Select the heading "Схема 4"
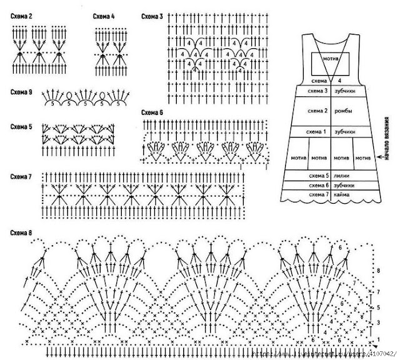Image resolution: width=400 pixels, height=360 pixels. pyautogui.click(x=103, y=15)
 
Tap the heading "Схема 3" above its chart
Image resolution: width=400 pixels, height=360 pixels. pyautogui.click(x=152, y=15)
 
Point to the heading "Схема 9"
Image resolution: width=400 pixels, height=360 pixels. pyautogui.click(x=21, y=92)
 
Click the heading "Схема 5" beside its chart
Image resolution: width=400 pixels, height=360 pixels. pyautogui.click(x=21, y=127)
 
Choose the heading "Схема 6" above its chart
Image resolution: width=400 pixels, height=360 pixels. pyautogui.click(x=152, y=112)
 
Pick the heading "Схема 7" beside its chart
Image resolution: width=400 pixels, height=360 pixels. pyautogui.click(x=21, y=177)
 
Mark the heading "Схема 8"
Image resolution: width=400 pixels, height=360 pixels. pyautogui.click(x=21, y=232)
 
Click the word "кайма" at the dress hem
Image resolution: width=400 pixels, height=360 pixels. pyautogui.click(x=341, y=195)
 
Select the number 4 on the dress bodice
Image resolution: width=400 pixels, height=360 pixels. pyautogui.click(x=339, y=81)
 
